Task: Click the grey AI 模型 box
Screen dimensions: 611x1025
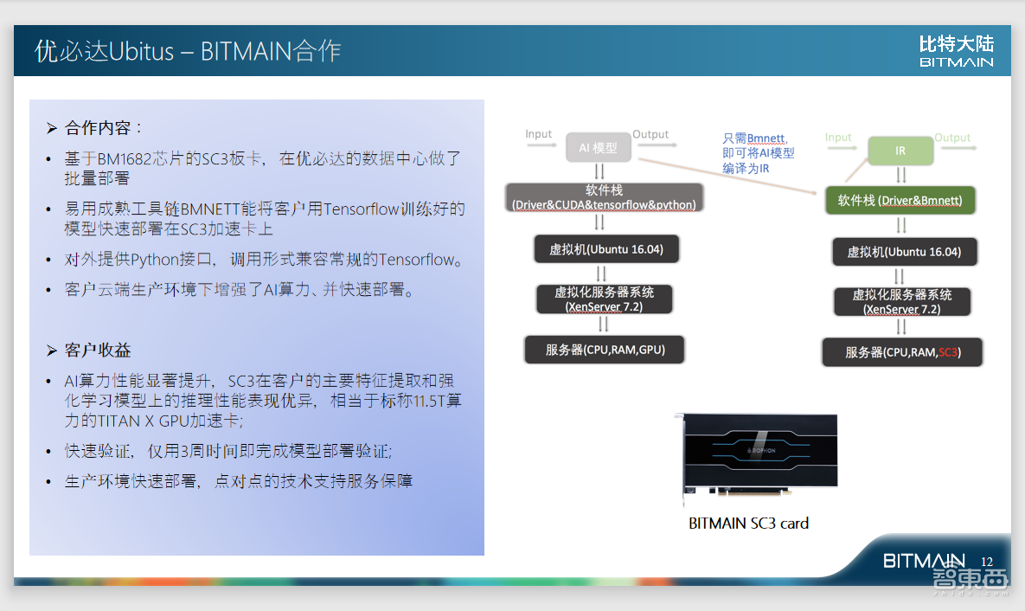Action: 599,148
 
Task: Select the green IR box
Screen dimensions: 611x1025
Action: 900,151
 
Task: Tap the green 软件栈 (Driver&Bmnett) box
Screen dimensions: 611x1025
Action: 900,201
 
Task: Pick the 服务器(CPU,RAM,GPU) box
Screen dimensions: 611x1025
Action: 604,350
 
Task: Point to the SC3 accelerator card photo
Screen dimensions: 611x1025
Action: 755,460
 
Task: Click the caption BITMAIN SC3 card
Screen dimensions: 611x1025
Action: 748,523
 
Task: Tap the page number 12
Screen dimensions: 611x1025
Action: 987,562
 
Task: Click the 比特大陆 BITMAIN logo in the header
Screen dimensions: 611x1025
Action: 956,51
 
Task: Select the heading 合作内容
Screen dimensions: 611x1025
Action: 98,128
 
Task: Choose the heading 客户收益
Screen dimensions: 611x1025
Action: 98,351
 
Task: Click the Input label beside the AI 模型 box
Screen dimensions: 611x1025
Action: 538,134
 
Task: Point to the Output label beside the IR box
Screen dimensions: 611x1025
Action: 952,138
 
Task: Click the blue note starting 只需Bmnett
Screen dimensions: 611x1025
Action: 758,153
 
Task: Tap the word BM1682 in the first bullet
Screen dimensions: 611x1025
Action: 122,159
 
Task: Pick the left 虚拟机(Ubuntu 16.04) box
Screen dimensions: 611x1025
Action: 605,249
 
